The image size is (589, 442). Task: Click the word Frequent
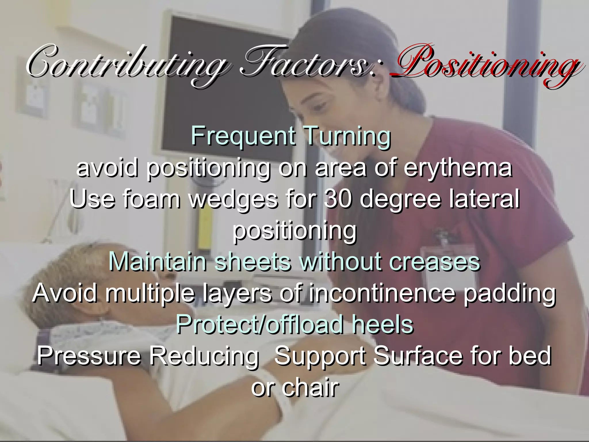[243, 136]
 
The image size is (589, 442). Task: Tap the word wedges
[233, 199]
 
